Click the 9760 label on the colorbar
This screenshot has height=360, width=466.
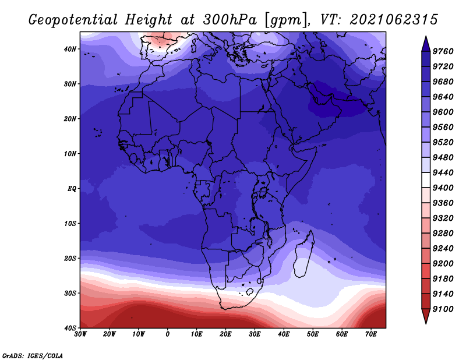[x=443, y=51]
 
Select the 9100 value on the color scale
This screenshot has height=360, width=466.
[x=443, y=309]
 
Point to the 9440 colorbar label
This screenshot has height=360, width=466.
[x=443, y=172]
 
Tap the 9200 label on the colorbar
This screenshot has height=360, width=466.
[x=443, y=264]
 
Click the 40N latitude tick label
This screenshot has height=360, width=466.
[x=70, y=49]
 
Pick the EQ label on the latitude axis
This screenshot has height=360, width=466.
[x=72, y=189]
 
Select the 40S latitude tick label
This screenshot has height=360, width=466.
[x=70, y=328]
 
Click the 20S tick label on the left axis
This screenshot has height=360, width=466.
[x=70, y=258]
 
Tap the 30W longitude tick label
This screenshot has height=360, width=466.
[x=80, y=334]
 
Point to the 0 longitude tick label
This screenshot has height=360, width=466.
[x=168, y=334]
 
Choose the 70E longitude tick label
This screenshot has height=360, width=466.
[x=371, y=334]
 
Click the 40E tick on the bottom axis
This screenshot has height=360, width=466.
[x=284, y=334]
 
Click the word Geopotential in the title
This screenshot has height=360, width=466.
[x=73, y=20]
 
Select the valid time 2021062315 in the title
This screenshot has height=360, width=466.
[x=394, y=20]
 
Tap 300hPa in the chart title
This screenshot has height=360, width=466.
[x=230, y=20]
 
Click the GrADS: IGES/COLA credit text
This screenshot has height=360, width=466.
[x=33, y=356]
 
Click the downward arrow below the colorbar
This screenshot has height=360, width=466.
[x=426, y=316]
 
